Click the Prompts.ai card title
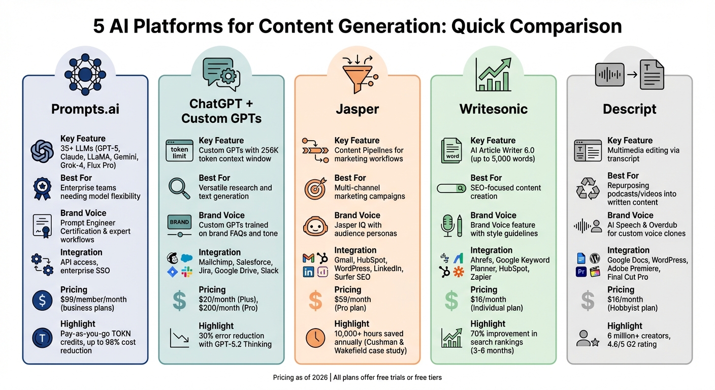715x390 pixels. point(85,109)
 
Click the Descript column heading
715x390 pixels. point(630,109)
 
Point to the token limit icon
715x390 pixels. point(179,150)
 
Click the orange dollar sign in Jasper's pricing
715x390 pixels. point(315,300)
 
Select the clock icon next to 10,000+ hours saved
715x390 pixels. point(315,338)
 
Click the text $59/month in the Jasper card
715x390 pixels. point(352,300)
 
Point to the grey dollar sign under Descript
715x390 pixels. point(588,300)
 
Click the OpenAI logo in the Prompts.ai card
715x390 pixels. point(42,151)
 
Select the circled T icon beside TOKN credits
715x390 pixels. point(42,338)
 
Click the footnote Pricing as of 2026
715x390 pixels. point(300,377)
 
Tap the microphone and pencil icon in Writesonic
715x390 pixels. point(451,225)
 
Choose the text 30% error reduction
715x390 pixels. point(232,336)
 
